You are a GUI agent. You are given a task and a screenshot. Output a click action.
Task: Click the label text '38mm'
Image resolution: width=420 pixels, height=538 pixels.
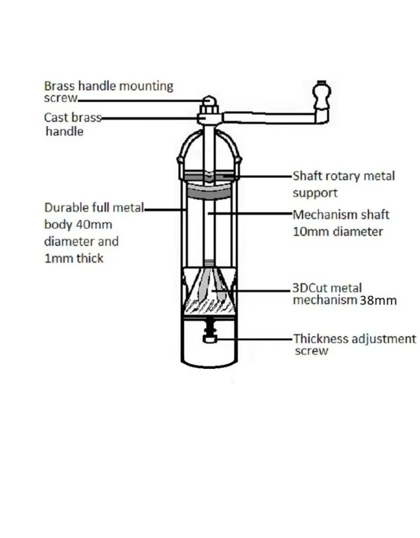(x=377, y=301)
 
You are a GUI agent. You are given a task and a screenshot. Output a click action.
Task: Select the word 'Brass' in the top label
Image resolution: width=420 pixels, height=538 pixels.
(x=59, y=86)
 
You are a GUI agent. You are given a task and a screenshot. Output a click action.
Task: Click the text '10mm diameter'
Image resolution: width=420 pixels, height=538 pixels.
(x=338, y=231)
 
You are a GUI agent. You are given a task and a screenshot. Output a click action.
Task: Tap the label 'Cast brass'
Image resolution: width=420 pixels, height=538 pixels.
(x=72, y=117)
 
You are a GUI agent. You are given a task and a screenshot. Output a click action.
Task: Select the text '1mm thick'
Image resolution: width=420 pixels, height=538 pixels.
(x=74, y=258)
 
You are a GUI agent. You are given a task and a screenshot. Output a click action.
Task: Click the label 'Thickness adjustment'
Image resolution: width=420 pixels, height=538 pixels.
(x=354, y=339)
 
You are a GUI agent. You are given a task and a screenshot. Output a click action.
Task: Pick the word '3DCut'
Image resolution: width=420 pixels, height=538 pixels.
(x=309, y=288)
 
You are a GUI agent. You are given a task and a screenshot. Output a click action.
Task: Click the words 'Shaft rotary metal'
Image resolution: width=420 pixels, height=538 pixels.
(x=343, y=176)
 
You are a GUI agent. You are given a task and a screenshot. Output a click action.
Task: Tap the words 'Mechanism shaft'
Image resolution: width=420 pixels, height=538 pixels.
(x=341, y=214)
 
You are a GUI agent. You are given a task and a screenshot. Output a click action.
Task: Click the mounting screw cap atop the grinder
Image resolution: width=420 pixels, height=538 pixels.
(x=208, y=100)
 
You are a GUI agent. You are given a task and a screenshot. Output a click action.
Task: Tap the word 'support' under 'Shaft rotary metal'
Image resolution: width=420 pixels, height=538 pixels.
(x=315, y=193)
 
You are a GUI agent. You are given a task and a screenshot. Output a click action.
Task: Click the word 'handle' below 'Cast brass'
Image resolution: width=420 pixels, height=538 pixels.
(x=65, y=131)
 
